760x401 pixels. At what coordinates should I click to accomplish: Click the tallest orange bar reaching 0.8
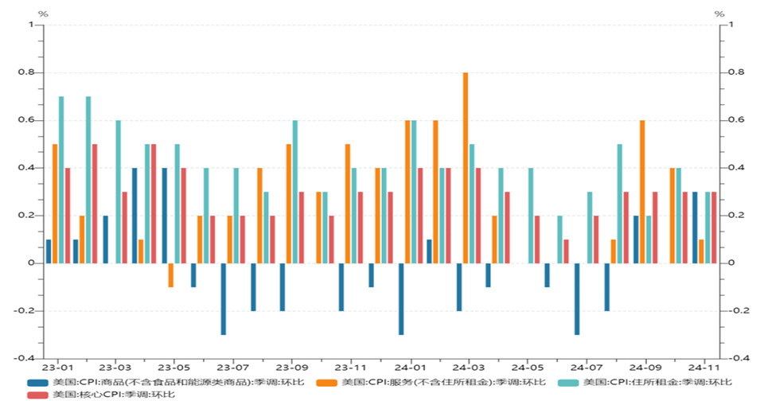pyautogui.click(x=466, y=167)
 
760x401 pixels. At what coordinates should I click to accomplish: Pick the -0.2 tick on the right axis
pyautogui.click(x=735, y=311)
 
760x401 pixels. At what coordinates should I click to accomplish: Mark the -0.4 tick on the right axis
pyautogui.click(x=735, y=359)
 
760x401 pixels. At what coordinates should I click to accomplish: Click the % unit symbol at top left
pyautogui.click(x=43, y=14)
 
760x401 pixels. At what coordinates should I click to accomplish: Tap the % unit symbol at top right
pyautogui.click(x=719, y=14)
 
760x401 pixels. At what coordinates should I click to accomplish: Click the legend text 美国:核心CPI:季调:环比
pyautogui.click(x=114, y=394)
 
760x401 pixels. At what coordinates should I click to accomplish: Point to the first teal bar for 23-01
pyautogui.click(x=61, y=179)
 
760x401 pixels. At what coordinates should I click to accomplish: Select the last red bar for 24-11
pyautogui.click(x=714, y=228)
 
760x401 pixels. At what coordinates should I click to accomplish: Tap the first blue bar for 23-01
pyautogui.click(x=49, y=251)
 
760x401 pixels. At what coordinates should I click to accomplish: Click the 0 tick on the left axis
pyautogui.click(x=31, y=263)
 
